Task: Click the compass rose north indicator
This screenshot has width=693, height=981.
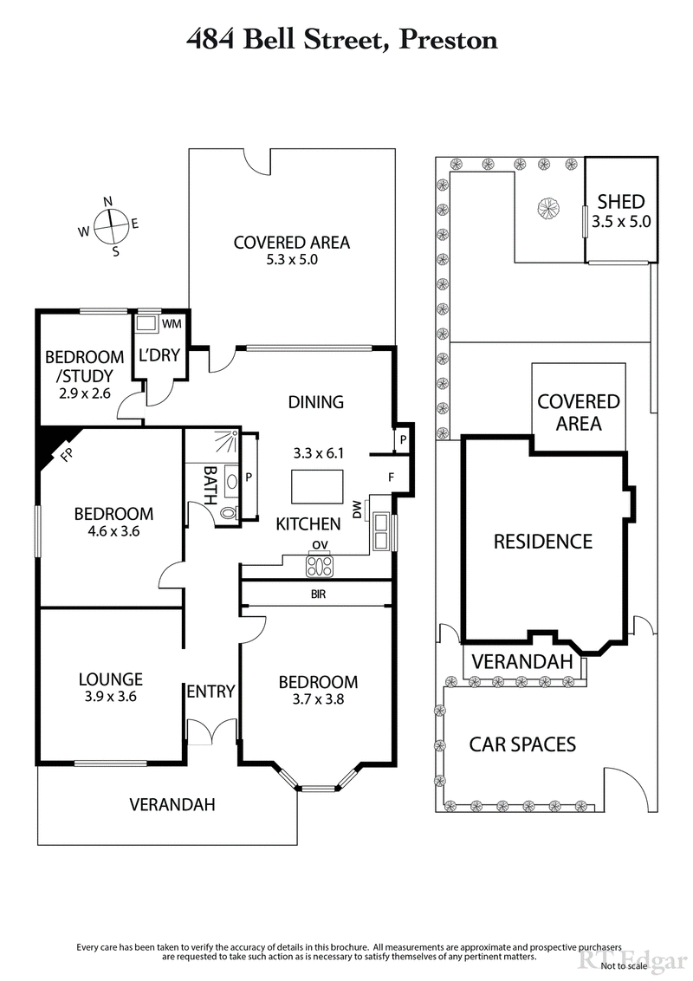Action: point(108,202)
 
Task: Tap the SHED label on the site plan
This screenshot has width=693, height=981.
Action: point(620,202)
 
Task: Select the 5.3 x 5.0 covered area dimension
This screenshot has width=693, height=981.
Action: point(292,259)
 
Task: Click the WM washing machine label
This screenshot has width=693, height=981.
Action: point(172,324)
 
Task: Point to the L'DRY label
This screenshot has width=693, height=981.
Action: point(157,354)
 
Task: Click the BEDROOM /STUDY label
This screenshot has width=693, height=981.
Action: point(84,365)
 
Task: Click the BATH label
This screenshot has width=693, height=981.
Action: point(210,478)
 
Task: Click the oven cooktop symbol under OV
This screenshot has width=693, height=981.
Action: point(320,566)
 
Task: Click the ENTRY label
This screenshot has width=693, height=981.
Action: point(210,691)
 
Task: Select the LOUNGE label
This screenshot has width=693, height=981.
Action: point(110,679)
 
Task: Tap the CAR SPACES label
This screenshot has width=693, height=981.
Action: point(522,744)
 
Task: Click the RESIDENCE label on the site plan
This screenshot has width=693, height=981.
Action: point(543,542)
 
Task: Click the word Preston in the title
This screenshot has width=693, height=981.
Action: point(447,39)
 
